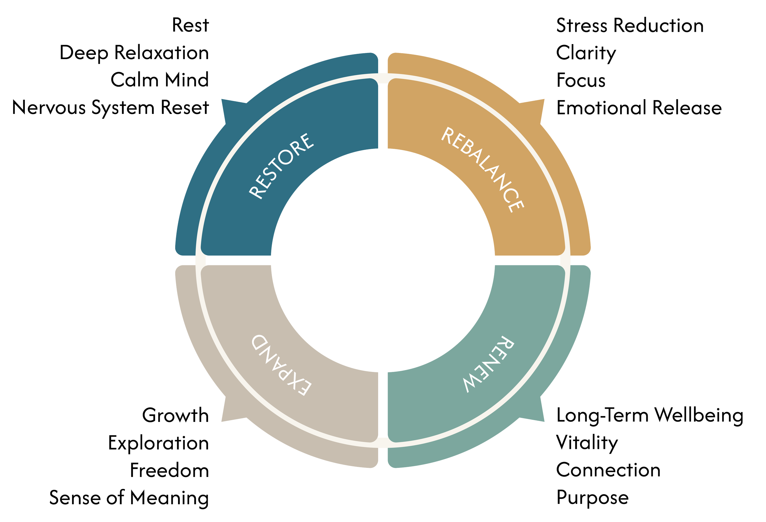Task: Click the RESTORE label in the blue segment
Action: tap(281, 166)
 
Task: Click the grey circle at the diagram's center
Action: tap(383, 260)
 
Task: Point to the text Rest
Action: tap(191, 25)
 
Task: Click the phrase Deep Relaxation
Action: tap(134, 53)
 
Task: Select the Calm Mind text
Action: tap(160, 80)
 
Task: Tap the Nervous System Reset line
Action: tap(111, 108)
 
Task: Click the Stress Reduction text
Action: tap(630, 26)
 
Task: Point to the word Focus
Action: tap(581, 80)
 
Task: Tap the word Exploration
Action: tap(158, 443)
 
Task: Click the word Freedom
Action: tap(169, 470)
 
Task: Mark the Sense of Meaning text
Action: tap(129, 498)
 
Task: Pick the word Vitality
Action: tap(587, 443)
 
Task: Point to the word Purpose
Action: tap(592, 498)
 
